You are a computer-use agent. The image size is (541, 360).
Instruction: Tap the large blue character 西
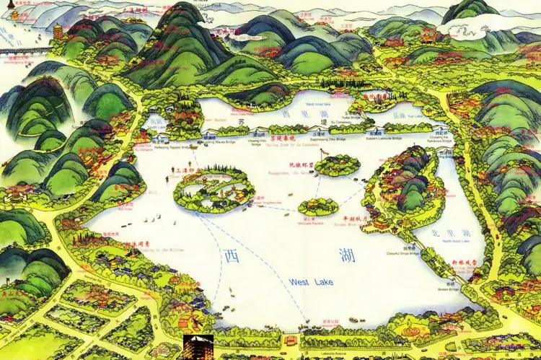tap(230, 256)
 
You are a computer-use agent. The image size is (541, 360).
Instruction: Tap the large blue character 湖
tap(337, 255)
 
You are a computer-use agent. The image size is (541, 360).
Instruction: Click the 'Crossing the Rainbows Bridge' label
tap(441, 139)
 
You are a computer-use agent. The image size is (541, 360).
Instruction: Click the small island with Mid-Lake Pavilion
tap(318, 207)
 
